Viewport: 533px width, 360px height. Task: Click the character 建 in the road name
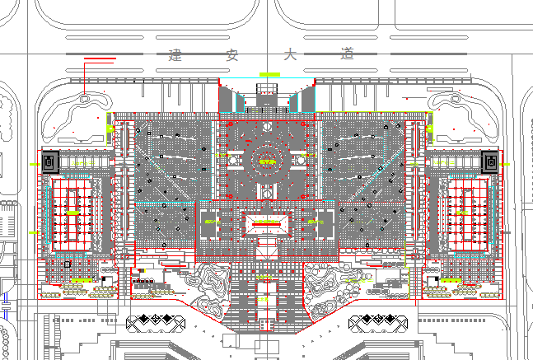click(x=174, y=55)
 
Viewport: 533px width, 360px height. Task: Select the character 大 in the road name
click(x=288, y=55)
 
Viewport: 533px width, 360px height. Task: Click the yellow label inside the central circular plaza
click(x=266, y=162)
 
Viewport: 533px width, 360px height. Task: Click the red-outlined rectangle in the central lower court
click(x=266, y=222)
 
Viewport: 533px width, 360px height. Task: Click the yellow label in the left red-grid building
click(x=73, y=213)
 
